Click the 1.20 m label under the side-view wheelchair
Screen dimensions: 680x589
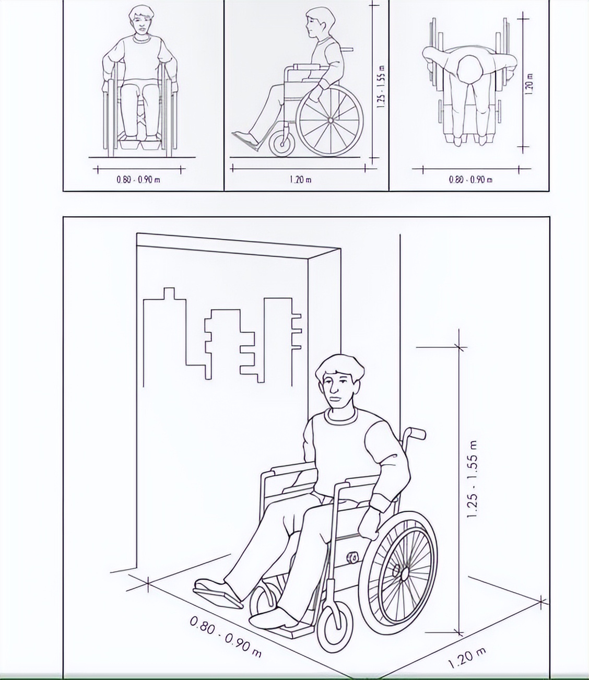(300, 180)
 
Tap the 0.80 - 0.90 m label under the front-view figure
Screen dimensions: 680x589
(138, 180)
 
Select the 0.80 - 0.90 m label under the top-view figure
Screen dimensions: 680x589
(470, 180)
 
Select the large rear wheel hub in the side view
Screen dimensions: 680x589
(330, 121)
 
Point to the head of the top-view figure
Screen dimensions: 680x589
(469, 70)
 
